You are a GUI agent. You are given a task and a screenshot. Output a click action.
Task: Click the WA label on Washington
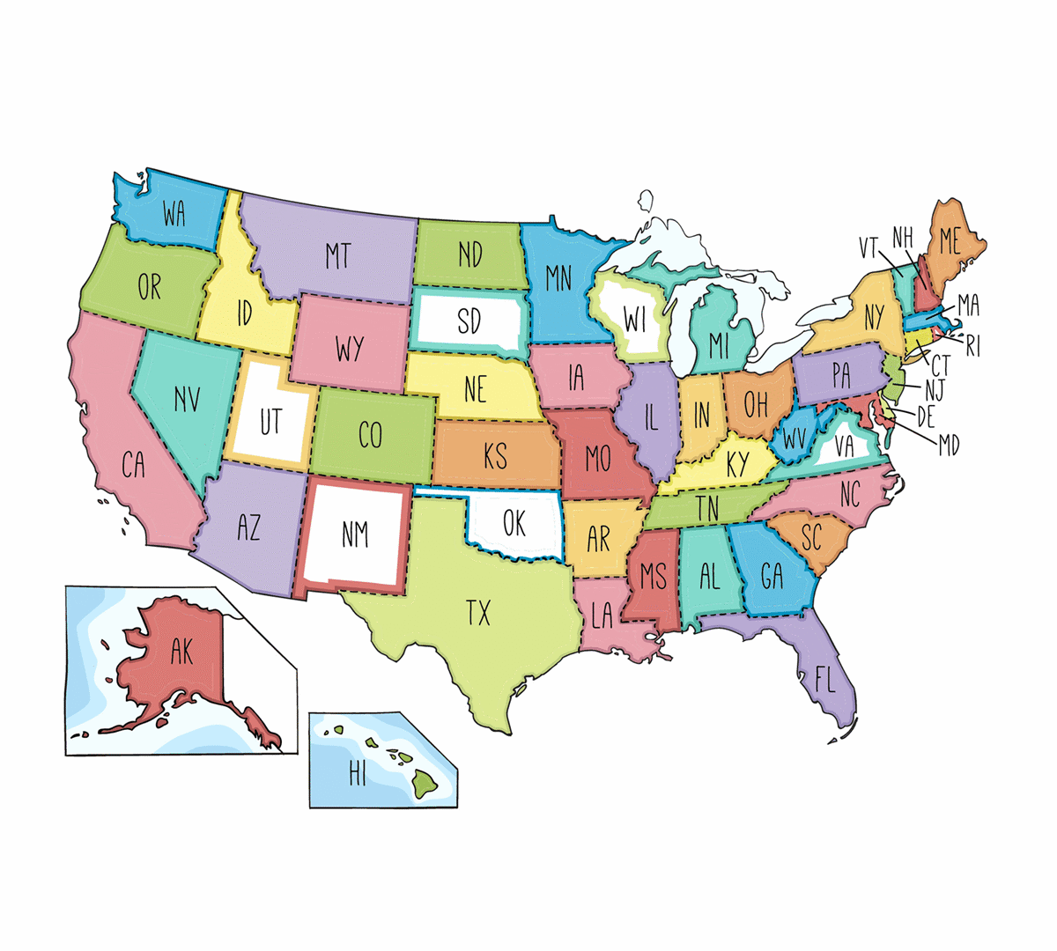[x=174, y=213]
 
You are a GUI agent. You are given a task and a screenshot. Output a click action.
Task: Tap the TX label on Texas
[x=478, y=613]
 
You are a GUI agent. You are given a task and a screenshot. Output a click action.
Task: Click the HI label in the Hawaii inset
[x=358, y=774]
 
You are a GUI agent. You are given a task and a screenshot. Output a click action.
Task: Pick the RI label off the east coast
[x=972, y=346]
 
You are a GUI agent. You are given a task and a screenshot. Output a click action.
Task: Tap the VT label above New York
[x=869, y=247]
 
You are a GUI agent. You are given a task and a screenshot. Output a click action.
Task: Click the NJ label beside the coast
[x=935, y=387]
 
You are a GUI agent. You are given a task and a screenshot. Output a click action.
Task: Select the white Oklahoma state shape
[x=515, y=525]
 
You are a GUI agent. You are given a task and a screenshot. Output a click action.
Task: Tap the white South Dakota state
[x=469, y=321]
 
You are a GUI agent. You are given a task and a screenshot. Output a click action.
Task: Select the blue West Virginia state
[x=795, y=436]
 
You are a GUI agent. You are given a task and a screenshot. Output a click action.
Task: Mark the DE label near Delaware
[x=925, y=416]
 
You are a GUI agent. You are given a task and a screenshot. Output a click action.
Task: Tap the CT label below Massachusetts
[x=941, y=365]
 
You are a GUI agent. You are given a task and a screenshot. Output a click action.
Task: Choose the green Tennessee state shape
[x=705, y=508]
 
